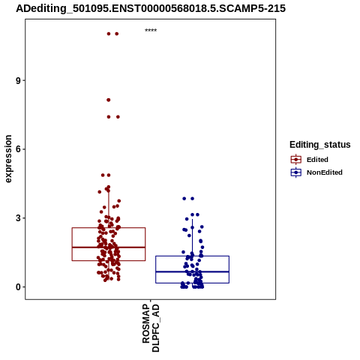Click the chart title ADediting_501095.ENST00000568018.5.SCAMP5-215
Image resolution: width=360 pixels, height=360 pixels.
coord(151,8)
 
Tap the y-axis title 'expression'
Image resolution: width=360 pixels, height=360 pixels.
coord(8,159)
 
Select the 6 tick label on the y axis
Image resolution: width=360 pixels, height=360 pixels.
coord(18,149)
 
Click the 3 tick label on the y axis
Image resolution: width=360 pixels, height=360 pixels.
coord(18,218)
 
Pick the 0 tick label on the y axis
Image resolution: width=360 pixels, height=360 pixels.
coord(18,287)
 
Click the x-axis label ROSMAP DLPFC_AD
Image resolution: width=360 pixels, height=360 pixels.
coord(151,328)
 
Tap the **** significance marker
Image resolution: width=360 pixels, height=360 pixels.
coord(151,31)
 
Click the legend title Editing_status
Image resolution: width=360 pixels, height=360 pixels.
coord(320,145)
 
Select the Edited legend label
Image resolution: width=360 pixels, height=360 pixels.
coord(317,160)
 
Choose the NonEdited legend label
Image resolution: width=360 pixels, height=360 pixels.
coord(325,172)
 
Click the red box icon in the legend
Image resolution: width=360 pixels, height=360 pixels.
coord(296,160)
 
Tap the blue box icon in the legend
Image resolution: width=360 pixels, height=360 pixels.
coord(296,172)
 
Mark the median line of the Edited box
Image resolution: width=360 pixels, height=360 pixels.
coord(109,247)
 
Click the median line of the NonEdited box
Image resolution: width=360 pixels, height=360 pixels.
coord(192,271)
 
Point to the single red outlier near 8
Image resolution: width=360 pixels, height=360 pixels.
coord(109,100)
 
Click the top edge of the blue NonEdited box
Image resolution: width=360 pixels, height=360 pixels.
coord(192,256)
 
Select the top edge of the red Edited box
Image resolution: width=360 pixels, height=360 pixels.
coord(109,228)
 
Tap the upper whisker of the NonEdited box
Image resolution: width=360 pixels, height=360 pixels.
coord(192,238)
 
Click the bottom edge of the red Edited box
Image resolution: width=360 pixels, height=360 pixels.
coord(109,261)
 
